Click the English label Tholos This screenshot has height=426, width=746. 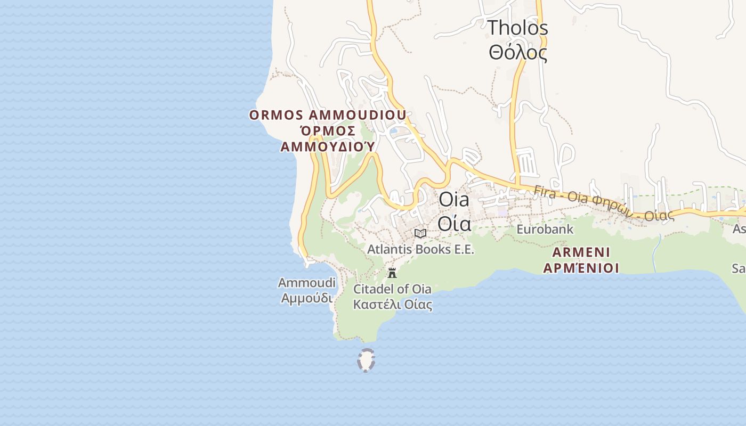coord(518,27)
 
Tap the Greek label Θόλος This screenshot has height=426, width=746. coord(518,52)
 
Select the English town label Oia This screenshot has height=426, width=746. coord(454,200)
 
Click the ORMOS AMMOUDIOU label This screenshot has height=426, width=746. coord(328,115)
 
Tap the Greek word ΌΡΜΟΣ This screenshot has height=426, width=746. coord(328,131)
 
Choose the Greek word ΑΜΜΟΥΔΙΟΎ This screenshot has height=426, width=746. coord(328,146)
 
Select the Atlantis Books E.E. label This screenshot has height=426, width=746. coord(420,249)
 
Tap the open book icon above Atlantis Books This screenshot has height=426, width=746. coord(420,233)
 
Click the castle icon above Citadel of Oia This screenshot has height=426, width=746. coord(392,274)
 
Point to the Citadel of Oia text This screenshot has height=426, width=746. coord(392,289)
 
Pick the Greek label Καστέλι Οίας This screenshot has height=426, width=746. coord(392,305)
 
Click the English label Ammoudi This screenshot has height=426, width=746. coord(306,282)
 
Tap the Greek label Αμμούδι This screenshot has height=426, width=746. coord(306,298)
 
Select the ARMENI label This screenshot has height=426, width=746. coord(581,252)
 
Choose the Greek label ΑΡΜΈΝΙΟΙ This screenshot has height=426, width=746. coord(581,267)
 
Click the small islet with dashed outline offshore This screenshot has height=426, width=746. coord(366,360)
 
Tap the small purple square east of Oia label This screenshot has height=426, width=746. coord(502,212)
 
